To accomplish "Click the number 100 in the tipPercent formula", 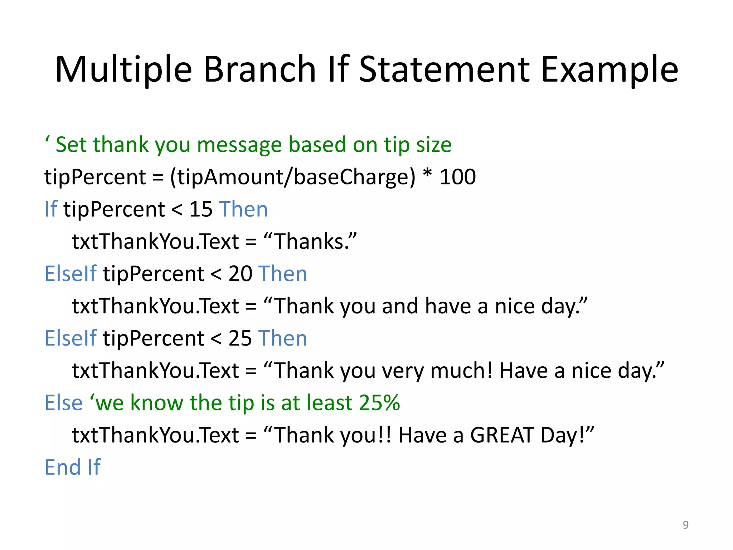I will click(x=457, y=177).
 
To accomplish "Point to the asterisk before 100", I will click(x=427, y=175).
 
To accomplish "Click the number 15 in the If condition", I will click(x=201, y=209).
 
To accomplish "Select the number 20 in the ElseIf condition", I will click(x=240, y=274).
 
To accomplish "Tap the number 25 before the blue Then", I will click(x=240, y=338).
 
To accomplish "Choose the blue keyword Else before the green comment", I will click(x=63, y=403).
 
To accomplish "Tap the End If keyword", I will click(x=73, y=467).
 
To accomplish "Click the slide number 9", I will click(x=685, y=525).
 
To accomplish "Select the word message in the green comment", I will click(x=239, y=145).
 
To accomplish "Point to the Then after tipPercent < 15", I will click(x=243, y=209).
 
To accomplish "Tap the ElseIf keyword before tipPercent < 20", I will click(x=71, y=274).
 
